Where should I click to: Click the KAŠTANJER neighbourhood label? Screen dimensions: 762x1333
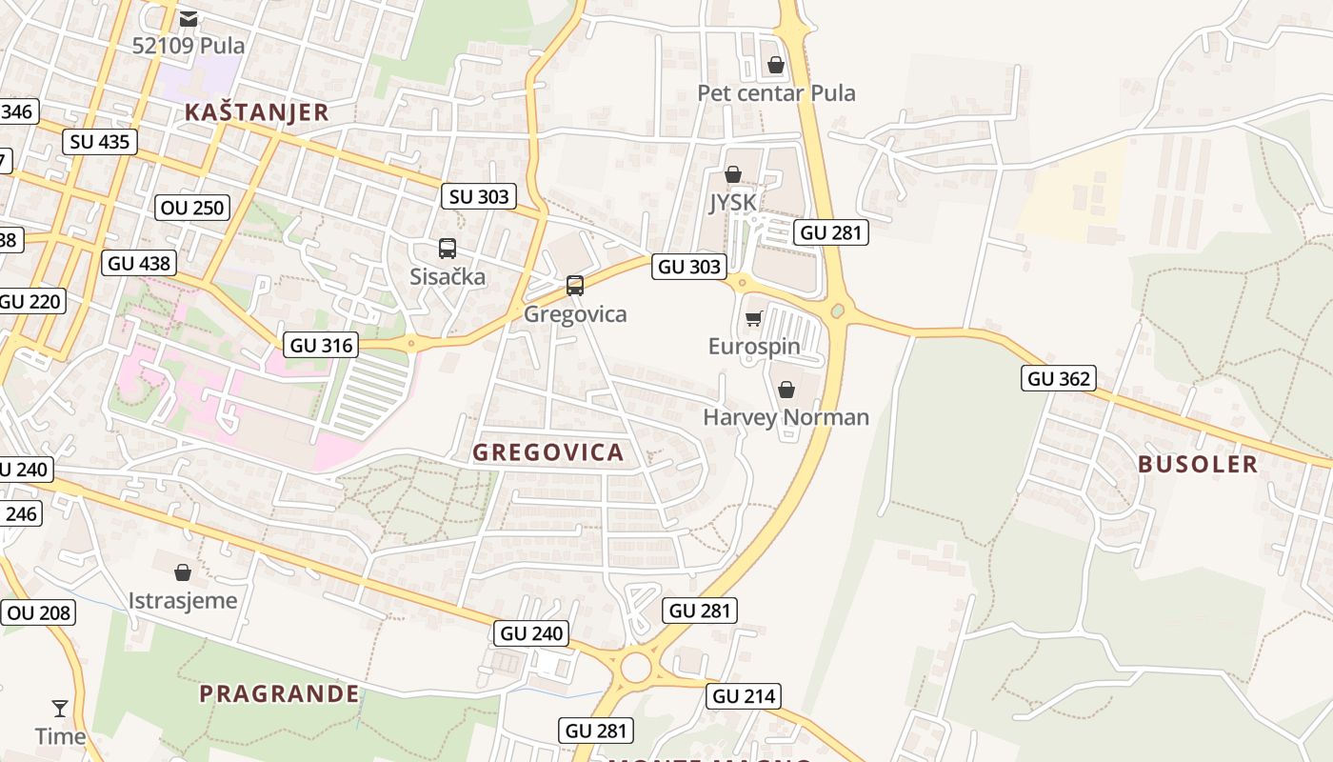(x=256, y=112)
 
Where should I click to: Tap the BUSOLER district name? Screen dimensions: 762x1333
(x=1198, y=465)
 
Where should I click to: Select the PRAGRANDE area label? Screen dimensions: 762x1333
(x=280, y=693)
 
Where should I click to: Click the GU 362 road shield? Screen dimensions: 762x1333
(x=1059, y=378)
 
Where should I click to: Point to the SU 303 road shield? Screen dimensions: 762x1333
(x=479, y=196)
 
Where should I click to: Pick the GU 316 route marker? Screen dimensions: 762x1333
(x=322, y=345)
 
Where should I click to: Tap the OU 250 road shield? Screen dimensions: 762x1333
(x=192, y=208)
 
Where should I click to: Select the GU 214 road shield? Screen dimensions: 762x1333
(x=744, y=696)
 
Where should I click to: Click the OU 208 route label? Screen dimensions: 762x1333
(x=39, y=612)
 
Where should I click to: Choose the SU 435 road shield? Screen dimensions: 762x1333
(x=100, y=143)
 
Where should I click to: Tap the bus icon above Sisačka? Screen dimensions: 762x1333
(x=447, y=249)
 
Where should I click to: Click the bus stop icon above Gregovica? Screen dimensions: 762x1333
(x=574, y=285)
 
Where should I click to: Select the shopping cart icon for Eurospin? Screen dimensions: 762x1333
(x=754, y=318)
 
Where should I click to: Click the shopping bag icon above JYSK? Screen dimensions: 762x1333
(x=732, y=174)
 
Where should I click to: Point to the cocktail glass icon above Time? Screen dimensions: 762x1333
(x=60, y=708)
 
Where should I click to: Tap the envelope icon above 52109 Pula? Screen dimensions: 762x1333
(x=189, y=18)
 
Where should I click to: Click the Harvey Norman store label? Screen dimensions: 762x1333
(x=786, y=417)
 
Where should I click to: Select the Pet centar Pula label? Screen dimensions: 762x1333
(x=776, y=93)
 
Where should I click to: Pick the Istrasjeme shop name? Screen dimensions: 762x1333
(x=183, y=601)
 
